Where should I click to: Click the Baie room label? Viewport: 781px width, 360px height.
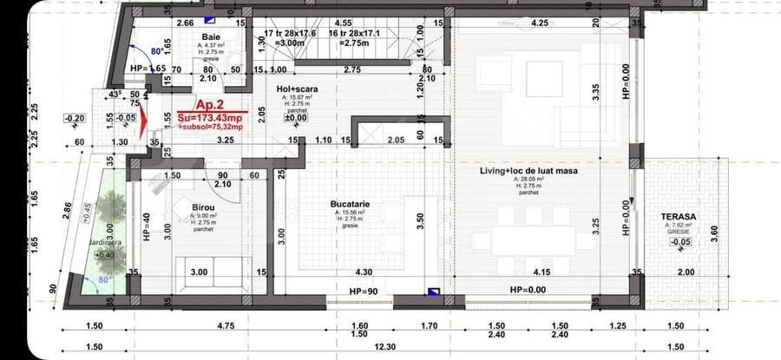[211, 36]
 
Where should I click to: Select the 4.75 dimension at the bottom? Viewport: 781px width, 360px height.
[202, 326]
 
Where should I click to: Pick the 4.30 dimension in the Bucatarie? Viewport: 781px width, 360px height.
[364, 272]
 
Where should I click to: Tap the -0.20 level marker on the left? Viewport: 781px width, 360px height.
[75, 118]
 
